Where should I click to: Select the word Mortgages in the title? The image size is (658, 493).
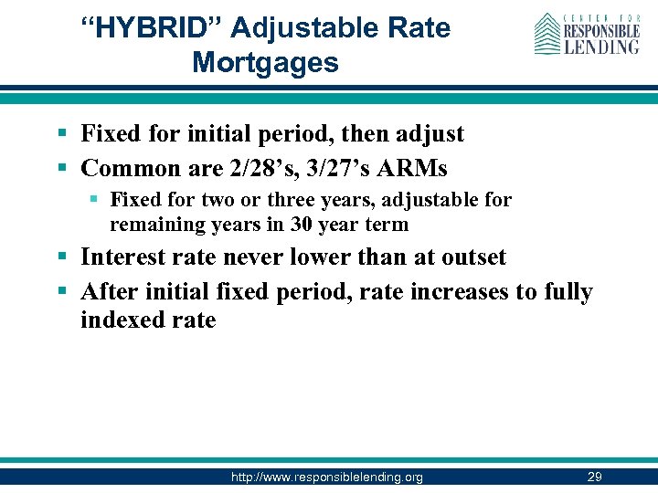point(265,63)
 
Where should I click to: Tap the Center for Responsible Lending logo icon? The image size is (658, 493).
point(547,34)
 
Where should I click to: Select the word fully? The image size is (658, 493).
point(568,292)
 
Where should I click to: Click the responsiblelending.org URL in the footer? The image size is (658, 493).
point(327,477)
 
